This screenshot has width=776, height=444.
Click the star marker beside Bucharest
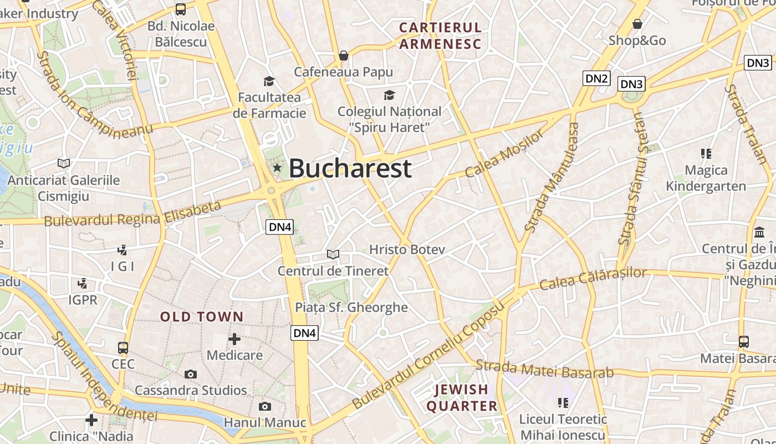click(x=277, y=168)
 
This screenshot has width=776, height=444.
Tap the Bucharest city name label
click(x=350, y=168)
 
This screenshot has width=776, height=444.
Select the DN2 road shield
click(x=596, y=78)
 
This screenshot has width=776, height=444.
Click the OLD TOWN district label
click(x=202, y=317)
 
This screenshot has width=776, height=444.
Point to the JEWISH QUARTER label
click(x=461, y=397)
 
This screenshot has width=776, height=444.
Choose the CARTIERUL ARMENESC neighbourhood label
click(x=440, y=36)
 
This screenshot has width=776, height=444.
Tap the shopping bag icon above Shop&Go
click(x=637, y=24)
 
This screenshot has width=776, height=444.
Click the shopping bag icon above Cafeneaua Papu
click(x=344, y=56)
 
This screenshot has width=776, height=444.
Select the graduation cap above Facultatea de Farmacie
click(x=269, y=82)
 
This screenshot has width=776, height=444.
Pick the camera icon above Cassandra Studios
click(x=191, y=374)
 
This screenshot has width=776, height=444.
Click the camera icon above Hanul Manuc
click(x=265, y=406)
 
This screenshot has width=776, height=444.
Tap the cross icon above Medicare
click(x=234, y=339)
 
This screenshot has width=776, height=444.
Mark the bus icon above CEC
click(x=123, y=348)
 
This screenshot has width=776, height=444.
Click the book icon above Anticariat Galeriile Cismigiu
click(x=64, y=163)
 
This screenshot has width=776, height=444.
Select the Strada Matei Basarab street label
click(x=544, y=369)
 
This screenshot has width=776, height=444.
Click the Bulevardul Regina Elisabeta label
click(x=132, y=214)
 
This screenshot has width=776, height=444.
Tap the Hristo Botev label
click(x=407, y=250)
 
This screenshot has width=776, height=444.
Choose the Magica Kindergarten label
click(x=706, y=178)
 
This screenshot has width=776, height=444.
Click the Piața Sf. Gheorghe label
click(x=351, y=307)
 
